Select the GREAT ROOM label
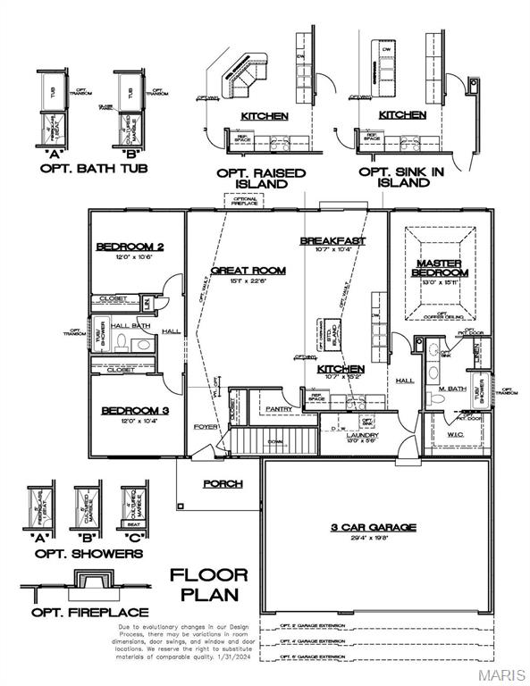click(248, 270)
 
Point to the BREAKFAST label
click(332, 241)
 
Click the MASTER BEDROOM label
click(440, 268)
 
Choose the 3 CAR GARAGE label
click(373, 527)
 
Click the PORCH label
click(223, 483)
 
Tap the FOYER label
click(206, 427)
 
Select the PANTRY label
click(279, 409)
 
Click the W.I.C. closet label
click(454, 435)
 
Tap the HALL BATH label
click(130, 327)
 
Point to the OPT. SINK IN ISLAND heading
click(394, 177)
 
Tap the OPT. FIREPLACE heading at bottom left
click(86, 612)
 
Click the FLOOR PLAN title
click(209, 584)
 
